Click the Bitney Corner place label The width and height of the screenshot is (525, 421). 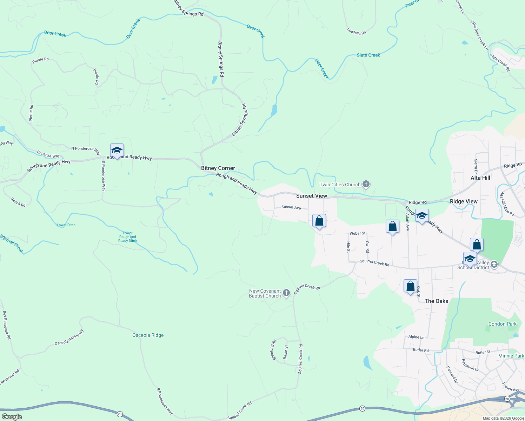tap(218, 168)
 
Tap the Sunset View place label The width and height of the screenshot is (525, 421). tap(311, 196)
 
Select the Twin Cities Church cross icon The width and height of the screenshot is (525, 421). tap(366, 184)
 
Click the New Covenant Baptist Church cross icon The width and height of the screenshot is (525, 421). tap(286, 293)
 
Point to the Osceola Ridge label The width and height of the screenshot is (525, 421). tap(148, 335)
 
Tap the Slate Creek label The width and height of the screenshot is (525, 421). tap(368, 55)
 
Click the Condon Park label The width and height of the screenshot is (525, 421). tap(502, 324)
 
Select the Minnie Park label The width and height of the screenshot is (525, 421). tap(511, 356)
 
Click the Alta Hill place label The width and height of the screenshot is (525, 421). tap(480, 178)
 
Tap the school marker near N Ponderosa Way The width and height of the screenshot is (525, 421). tap(117, 151)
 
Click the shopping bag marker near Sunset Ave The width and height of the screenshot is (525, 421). tap(319, 221)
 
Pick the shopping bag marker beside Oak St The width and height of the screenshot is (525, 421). tap(410, 286)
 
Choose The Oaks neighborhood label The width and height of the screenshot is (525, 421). tap(436, 301)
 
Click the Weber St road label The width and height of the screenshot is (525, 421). tap(357, 233)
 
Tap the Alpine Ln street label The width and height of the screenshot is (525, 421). tap(416, 337)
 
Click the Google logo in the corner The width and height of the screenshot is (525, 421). tap(12, 417)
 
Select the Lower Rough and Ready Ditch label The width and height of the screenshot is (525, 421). tap(127, 237)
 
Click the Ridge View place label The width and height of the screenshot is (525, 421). tap(464, 201)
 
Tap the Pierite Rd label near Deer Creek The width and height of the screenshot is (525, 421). tap(40, 60)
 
